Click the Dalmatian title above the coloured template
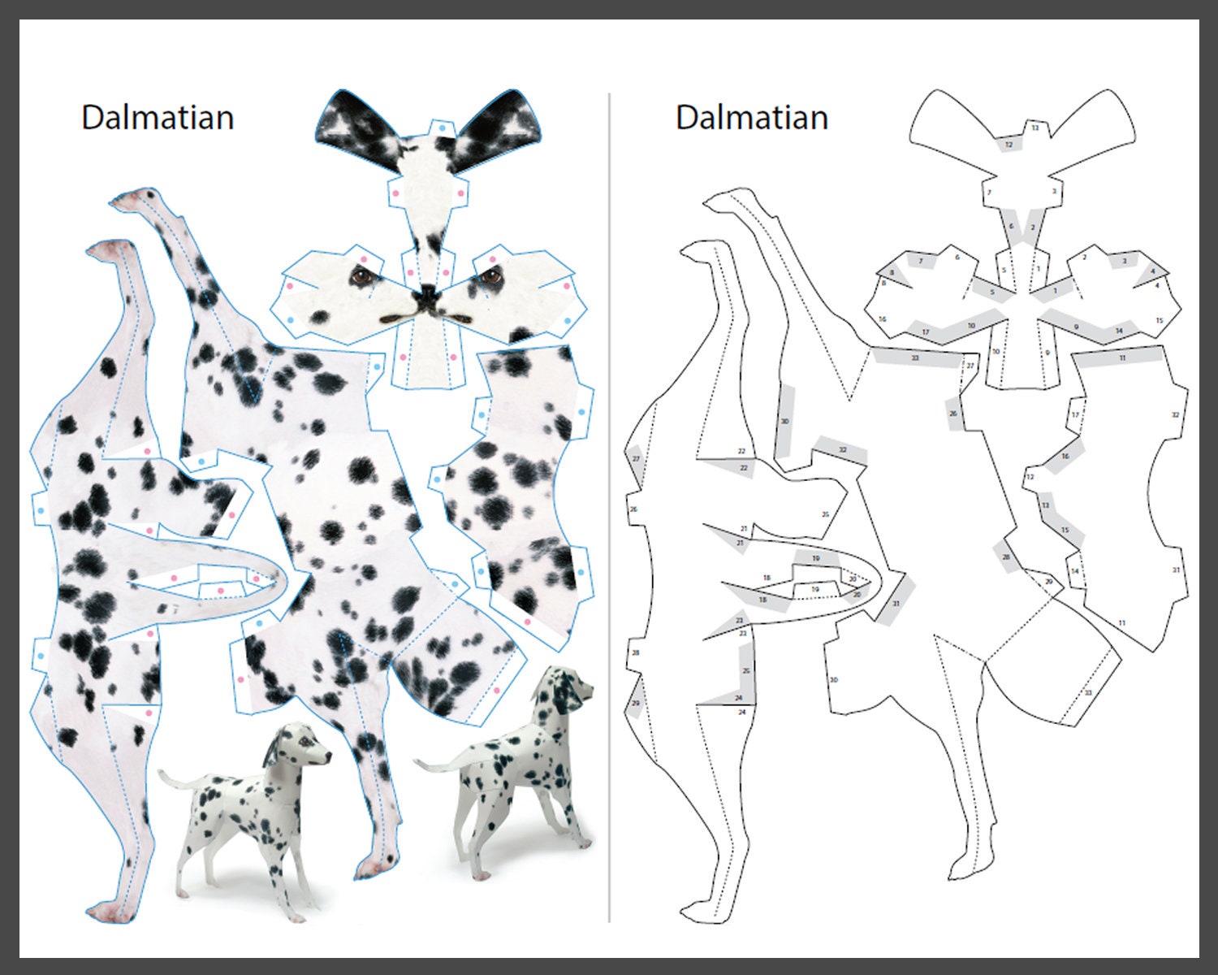(158, 118)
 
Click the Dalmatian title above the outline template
(751, 118)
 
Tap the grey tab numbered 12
(1009, 145)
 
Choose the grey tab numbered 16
(1065, 457)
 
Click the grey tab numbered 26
(954, 414)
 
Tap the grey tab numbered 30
(784, 422)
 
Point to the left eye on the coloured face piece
(360, 276)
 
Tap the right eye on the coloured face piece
(489, 276)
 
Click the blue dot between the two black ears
(441, 128)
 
